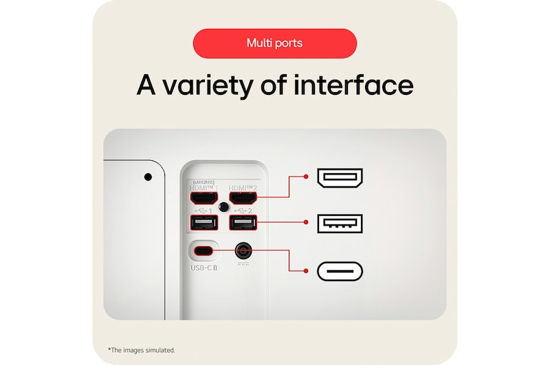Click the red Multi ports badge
point(274,43)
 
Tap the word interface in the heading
point(353,85)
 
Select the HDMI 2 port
point(243,198)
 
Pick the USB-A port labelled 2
point(243,223)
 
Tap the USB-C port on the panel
point(203,250)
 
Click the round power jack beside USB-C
point(243,250)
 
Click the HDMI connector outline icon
point(340,177)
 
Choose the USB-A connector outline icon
point(340,223)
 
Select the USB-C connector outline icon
point(340,271)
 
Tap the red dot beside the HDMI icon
point(306,177)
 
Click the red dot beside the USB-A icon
point(306,223)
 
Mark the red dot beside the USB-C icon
point(306,271)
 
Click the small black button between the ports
point(223,207)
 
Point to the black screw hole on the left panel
point(148,177)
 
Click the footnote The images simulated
point(142,350)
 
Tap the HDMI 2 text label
point(243,187)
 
